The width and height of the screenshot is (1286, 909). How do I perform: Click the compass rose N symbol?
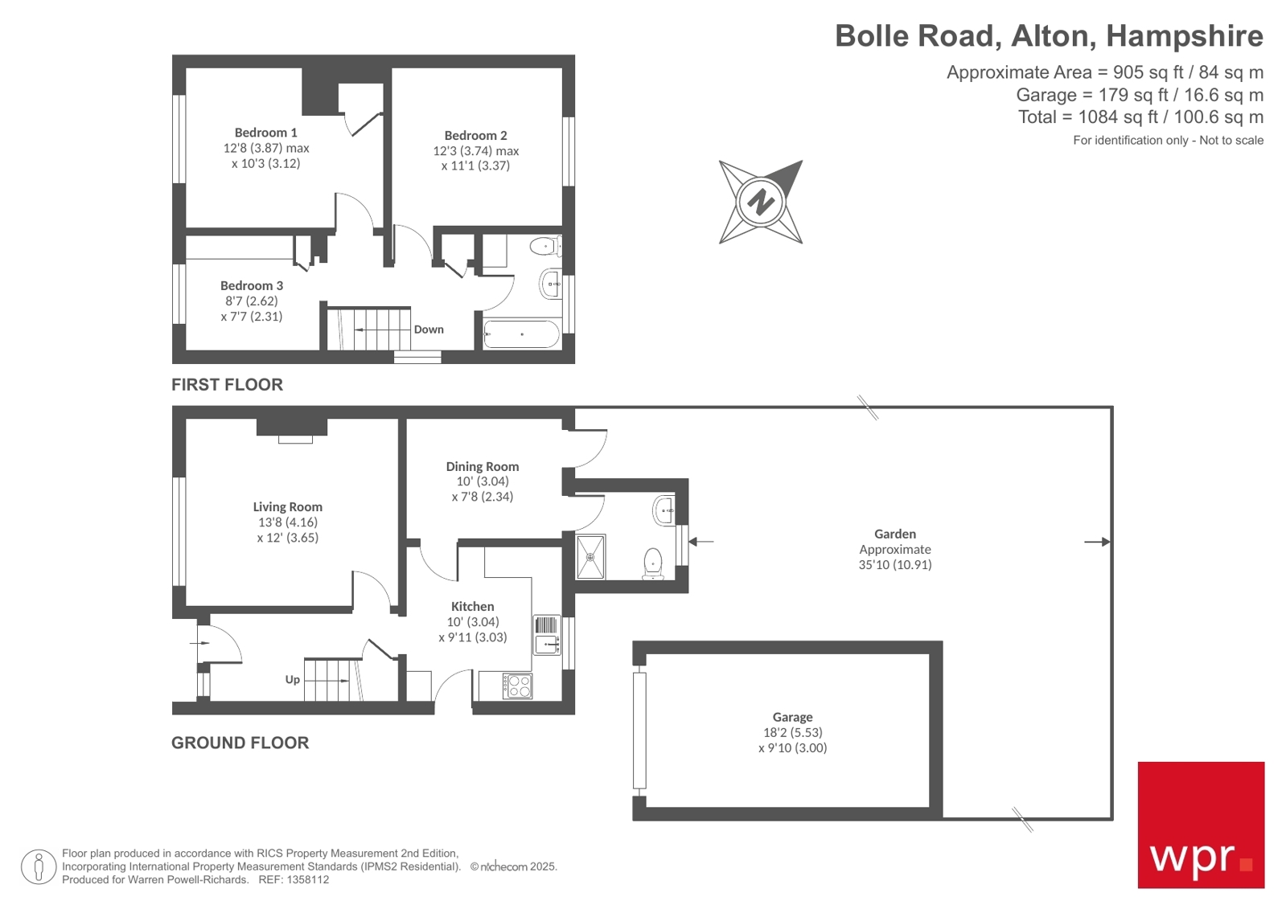coord(760,202)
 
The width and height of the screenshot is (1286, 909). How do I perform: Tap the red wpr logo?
coord(1200,825)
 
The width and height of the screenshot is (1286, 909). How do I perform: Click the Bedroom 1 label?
coord(265,133)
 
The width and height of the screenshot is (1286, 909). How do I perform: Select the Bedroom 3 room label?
coord(252,286)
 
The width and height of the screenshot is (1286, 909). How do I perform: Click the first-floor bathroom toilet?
coord(546,245)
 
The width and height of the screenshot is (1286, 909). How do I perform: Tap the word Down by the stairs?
coord(429,330)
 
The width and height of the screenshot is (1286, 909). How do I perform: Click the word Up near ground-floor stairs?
coord(292,680)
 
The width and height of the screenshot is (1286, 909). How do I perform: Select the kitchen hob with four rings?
coord(517,686)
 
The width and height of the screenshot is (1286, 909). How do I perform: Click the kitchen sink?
coord(547,642)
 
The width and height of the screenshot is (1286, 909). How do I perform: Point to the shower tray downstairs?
coord(591,556)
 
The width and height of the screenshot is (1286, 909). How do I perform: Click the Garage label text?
coord(792,717)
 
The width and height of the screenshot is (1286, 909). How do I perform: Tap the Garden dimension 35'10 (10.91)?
coord(894,565)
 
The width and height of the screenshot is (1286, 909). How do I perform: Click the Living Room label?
coord(287,507)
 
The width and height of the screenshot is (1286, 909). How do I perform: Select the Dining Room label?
coord(482,467)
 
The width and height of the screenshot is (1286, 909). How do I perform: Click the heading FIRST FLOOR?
coord(227,385)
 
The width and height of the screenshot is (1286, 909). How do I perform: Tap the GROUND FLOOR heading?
coord(240,743)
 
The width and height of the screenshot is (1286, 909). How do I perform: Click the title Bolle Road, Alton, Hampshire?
coord(1048,36)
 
